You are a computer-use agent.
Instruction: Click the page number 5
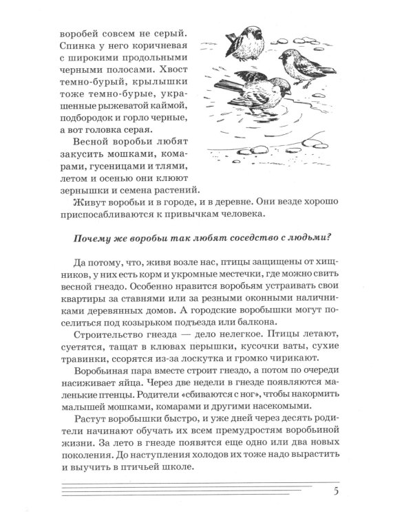[335, 491]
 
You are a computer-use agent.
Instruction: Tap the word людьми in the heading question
[310, 238]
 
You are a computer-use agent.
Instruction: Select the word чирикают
[291, 362]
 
